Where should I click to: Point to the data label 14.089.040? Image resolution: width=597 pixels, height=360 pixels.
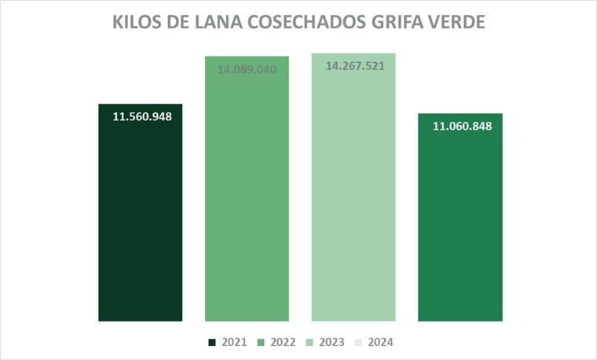pos(247,68)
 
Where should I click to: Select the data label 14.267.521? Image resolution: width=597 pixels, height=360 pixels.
pos(354,66)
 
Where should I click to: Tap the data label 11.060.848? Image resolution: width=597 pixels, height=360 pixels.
pos(462,126)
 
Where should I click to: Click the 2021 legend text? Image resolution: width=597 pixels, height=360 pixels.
pos(234,342)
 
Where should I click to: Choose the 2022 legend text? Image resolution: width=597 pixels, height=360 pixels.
pos(283,342)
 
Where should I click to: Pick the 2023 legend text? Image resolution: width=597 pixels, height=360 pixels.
pos(331,342)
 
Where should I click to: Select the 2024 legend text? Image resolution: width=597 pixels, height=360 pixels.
pos(380,342)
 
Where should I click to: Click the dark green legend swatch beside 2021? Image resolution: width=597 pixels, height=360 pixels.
pos(212,343)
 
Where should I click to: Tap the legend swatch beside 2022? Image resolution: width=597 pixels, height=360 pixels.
pos(261,343)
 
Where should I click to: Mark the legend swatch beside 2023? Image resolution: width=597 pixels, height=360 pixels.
pos(309,343)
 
